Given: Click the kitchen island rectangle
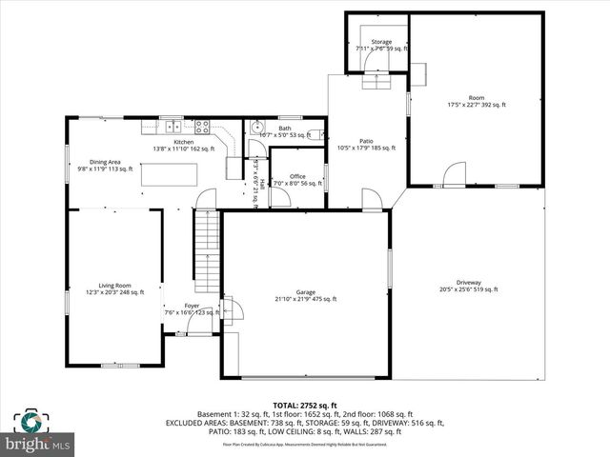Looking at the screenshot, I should tap(170, 175).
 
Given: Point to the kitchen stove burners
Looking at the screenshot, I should tap(202, 126).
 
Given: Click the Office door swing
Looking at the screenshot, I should tap(279, 197).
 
